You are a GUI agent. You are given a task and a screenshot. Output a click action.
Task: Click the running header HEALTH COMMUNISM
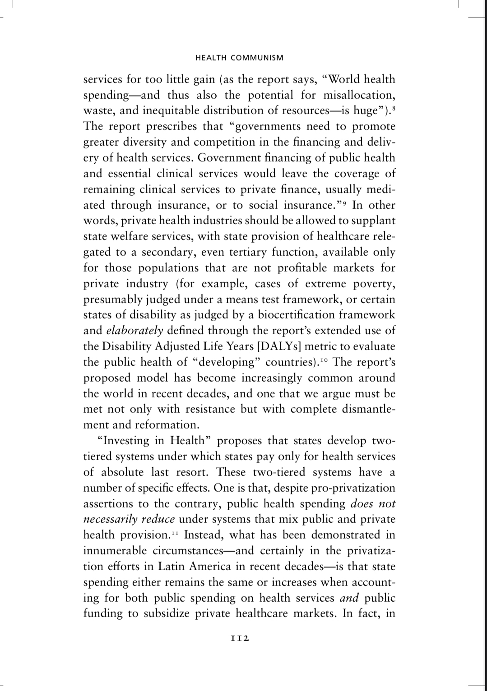pyautogui.click(x=239, y=58)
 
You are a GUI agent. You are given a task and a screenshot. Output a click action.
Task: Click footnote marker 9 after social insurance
pyautogui.click(x=346, y=203)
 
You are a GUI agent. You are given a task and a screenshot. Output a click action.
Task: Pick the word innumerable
pyautogui.click(x=115, y=551)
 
